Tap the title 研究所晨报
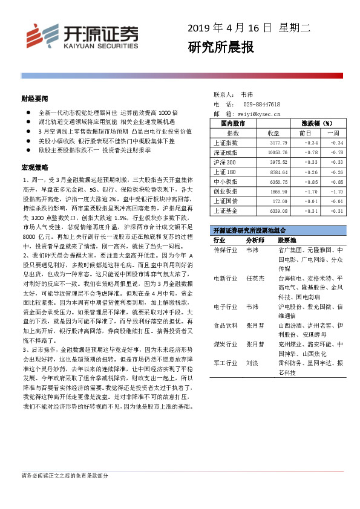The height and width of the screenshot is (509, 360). (x=220, y=47)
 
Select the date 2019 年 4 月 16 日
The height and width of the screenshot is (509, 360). (x=229, y=28)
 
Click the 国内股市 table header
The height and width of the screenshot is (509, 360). (x=234, y=123)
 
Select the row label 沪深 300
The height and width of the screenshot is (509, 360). (x=225, y=162)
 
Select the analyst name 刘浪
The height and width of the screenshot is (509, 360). (x=251, y=364)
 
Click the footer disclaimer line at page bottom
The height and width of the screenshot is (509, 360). (x=65, y=476)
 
